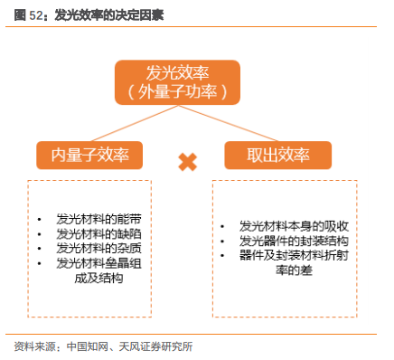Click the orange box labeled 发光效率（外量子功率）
(176, 81)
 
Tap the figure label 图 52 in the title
(28, 15)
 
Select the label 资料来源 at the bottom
(36, 346)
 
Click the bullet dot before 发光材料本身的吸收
(223, 227)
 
